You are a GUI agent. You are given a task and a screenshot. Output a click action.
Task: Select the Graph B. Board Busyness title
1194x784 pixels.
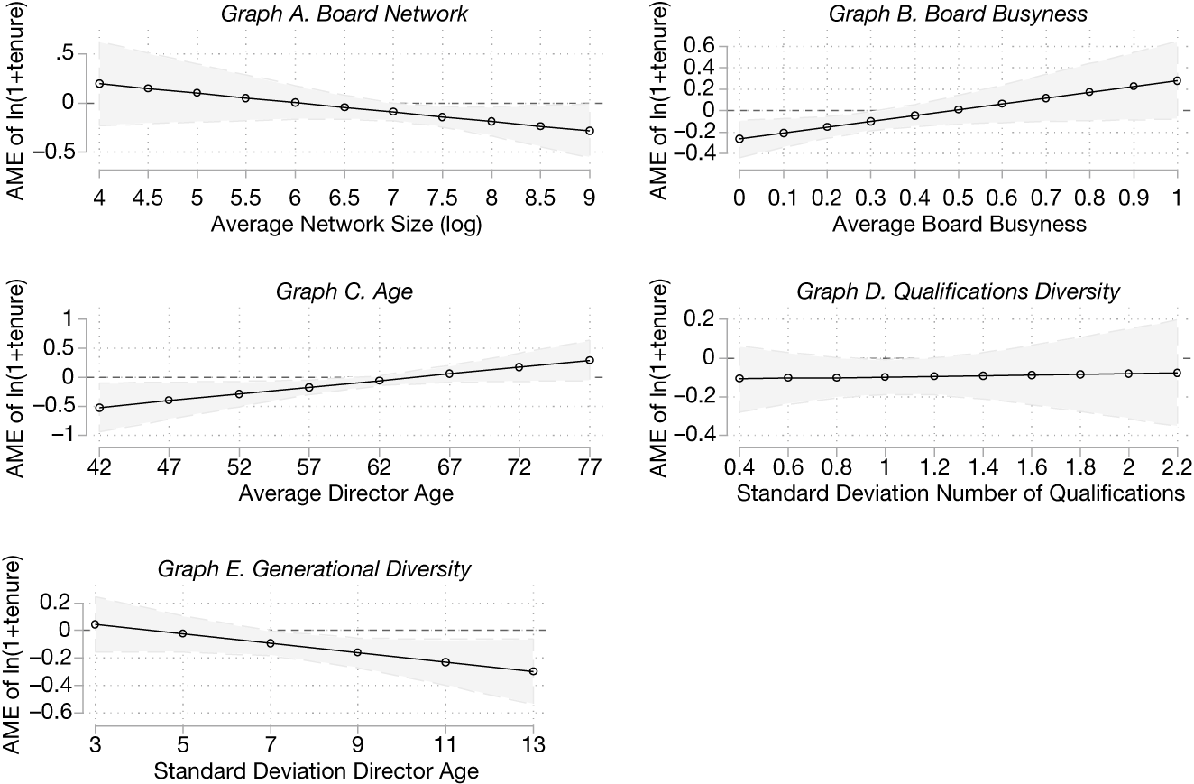(x=959, y=14)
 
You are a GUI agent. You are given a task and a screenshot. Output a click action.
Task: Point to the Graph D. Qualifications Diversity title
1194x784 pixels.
(x=959, y=291)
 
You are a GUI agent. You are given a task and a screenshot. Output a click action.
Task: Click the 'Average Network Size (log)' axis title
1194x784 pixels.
(x=346, y=225)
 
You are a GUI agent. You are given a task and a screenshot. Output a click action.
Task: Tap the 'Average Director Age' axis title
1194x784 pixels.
(x=344, y=493)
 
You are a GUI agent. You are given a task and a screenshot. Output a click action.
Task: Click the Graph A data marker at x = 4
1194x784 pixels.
(x=99, y=83)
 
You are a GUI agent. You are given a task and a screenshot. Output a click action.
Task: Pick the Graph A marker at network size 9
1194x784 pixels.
(x=590, y=131)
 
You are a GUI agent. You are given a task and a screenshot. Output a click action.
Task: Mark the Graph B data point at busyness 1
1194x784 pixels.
(x=1177, y=80)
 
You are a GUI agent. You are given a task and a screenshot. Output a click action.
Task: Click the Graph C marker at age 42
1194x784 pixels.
(x=99, y=408)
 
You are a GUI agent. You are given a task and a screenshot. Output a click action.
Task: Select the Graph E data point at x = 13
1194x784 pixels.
(x=533, y=671)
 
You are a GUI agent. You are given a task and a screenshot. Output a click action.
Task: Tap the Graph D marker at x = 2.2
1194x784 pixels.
(x=1177, y=373)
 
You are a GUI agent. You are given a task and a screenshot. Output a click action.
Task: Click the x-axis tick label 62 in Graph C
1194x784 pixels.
(x=380, y=466)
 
